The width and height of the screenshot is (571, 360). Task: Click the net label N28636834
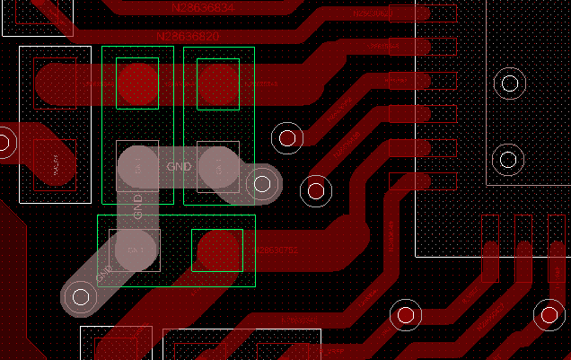(x=203, y=8)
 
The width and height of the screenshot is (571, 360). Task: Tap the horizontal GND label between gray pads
(x=179, y=166)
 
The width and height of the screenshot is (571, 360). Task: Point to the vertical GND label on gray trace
(x=138, y=206)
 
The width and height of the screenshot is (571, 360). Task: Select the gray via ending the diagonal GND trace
(x=81, y=295)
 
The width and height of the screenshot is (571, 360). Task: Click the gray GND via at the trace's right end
(x=262, y=184)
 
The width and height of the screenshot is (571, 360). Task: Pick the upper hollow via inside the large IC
(x=510, y=84)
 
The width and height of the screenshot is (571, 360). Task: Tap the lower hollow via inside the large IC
(x=508, y=161)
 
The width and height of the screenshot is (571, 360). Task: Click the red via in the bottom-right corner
(x=549, y=314)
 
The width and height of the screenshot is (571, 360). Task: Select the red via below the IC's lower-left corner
(x=405, y=315)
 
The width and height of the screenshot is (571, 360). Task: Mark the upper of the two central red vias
(x=287, y=138)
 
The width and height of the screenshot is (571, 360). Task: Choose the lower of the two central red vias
(x=316, y=190)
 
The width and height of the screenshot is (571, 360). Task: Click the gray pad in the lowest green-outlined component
(x=136, y=250)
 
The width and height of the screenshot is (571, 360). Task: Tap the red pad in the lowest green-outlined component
(x=217, y=250)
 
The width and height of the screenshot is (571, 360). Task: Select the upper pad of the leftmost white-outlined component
(x=55, y=83)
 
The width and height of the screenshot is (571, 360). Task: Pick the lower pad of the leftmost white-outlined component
(x=55, y=164)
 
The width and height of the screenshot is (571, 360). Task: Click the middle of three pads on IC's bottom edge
(x=521, y=248)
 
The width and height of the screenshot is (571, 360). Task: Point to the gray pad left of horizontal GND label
(x=137, y=166)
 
